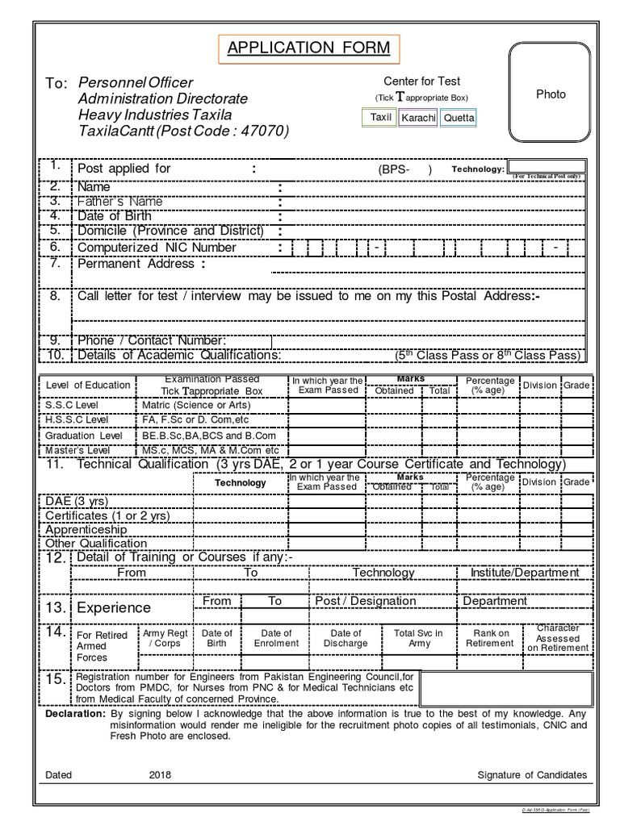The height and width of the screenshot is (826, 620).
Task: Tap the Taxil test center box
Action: click(380, 118)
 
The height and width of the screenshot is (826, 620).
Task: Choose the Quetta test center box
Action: click(459, 119)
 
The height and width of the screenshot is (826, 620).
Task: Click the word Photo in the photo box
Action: click(551, 94)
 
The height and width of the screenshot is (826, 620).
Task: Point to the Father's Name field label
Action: click(119, 201)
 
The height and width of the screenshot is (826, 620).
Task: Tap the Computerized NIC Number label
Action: click(157, 248)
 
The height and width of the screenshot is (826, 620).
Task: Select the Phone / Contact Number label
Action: click(151, 340)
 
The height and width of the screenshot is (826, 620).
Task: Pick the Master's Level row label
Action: click(77, 449)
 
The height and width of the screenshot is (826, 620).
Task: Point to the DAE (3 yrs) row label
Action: click(76, 501)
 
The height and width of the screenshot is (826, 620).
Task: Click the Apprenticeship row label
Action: click(86, 530)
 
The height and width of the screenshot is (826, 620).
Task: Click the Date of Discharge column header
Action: click(346, 638)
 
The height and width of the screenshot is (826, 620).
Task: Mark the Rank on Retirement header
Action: click(490, 638)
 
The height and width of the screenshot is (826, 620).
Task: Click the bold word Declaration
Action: click(75, 715)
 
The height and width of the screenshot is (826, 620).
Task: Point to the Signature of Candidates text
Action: click(532, 775)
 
